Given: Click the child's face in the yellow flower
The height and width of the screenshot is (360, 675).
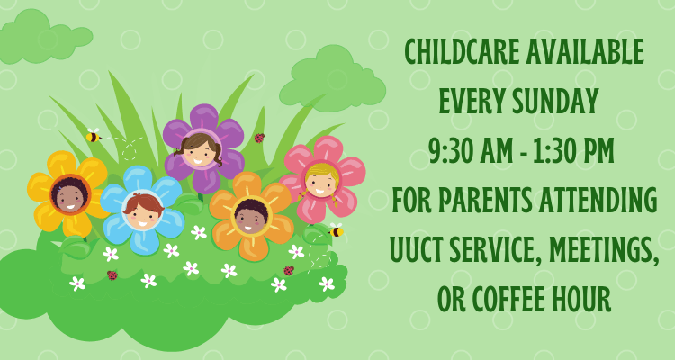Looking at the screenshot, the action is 69,195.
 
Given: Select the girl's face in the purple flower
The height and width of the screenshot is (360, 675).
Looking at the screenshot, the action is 199,150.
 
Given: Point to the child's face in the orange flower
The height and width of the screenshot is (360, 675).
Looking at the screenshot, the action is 251,216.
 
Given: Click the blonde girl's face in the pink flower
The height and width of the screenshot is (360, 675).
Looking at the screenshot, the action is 321,181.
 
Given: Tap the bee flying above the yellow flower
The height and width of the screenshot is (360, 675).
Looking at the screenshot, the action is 93,136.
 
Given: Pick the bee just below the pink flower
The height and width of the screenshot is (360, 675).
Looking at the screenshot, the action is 336,230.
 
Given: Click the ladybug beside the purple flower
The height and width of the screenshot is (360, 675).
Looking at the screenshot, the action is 259,138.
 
